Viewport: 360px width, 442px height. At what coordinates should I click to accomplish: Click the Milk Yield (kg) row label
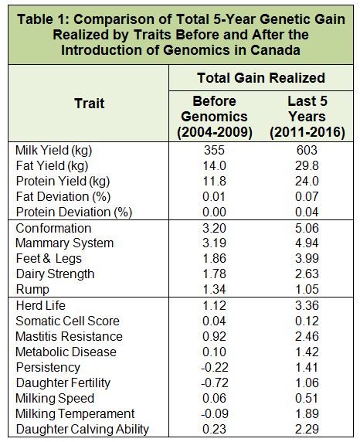53,151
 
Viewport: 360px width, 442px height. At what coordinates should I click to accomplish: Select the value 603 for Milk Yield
307,150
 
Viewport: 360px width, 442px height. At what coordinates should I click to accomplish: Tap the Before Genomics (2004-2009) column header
215,117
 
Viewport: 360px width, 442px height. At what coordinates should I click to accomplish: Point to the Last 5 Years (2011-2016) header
307,117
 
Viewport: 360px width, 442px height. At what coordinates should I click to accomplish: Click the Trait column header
90,104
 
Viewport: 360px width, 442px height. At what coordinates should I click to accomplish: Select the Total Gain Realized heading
261,78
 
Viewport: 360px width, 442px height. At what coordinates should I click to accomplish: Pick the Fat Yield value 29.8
307,165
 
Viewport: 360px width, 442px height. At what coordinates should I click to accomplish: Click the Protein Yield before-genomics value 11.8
215,181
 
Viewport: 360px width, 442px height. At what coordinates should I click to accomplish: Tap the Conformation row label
53,228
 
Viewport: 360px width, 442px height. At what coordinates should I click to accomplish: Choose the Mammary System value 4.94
307,243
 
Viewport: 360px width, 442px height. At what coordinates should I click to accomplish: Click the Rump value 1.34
215,289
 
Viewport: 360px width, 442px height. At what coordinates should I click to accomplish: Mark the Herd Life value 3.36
307,305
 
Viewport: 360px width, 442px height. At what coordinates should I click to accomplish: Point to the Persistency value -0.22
215,367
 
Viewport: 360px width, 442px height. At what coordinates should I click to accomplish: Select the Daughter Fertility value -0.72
215,382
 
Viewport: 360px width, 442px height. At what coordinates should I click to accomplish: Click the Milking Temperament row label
75,414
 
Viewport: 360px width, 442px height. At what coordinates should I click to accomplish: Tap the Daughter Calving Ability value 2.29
307,429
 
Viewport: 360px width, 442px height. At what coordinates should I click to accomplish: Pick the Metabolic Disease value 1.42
307,352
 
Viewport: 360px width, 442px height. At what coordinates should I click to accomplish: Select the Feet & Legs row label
49,259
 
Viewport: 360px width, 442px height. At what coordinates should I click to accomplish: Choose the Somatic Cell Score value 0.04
215,321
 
